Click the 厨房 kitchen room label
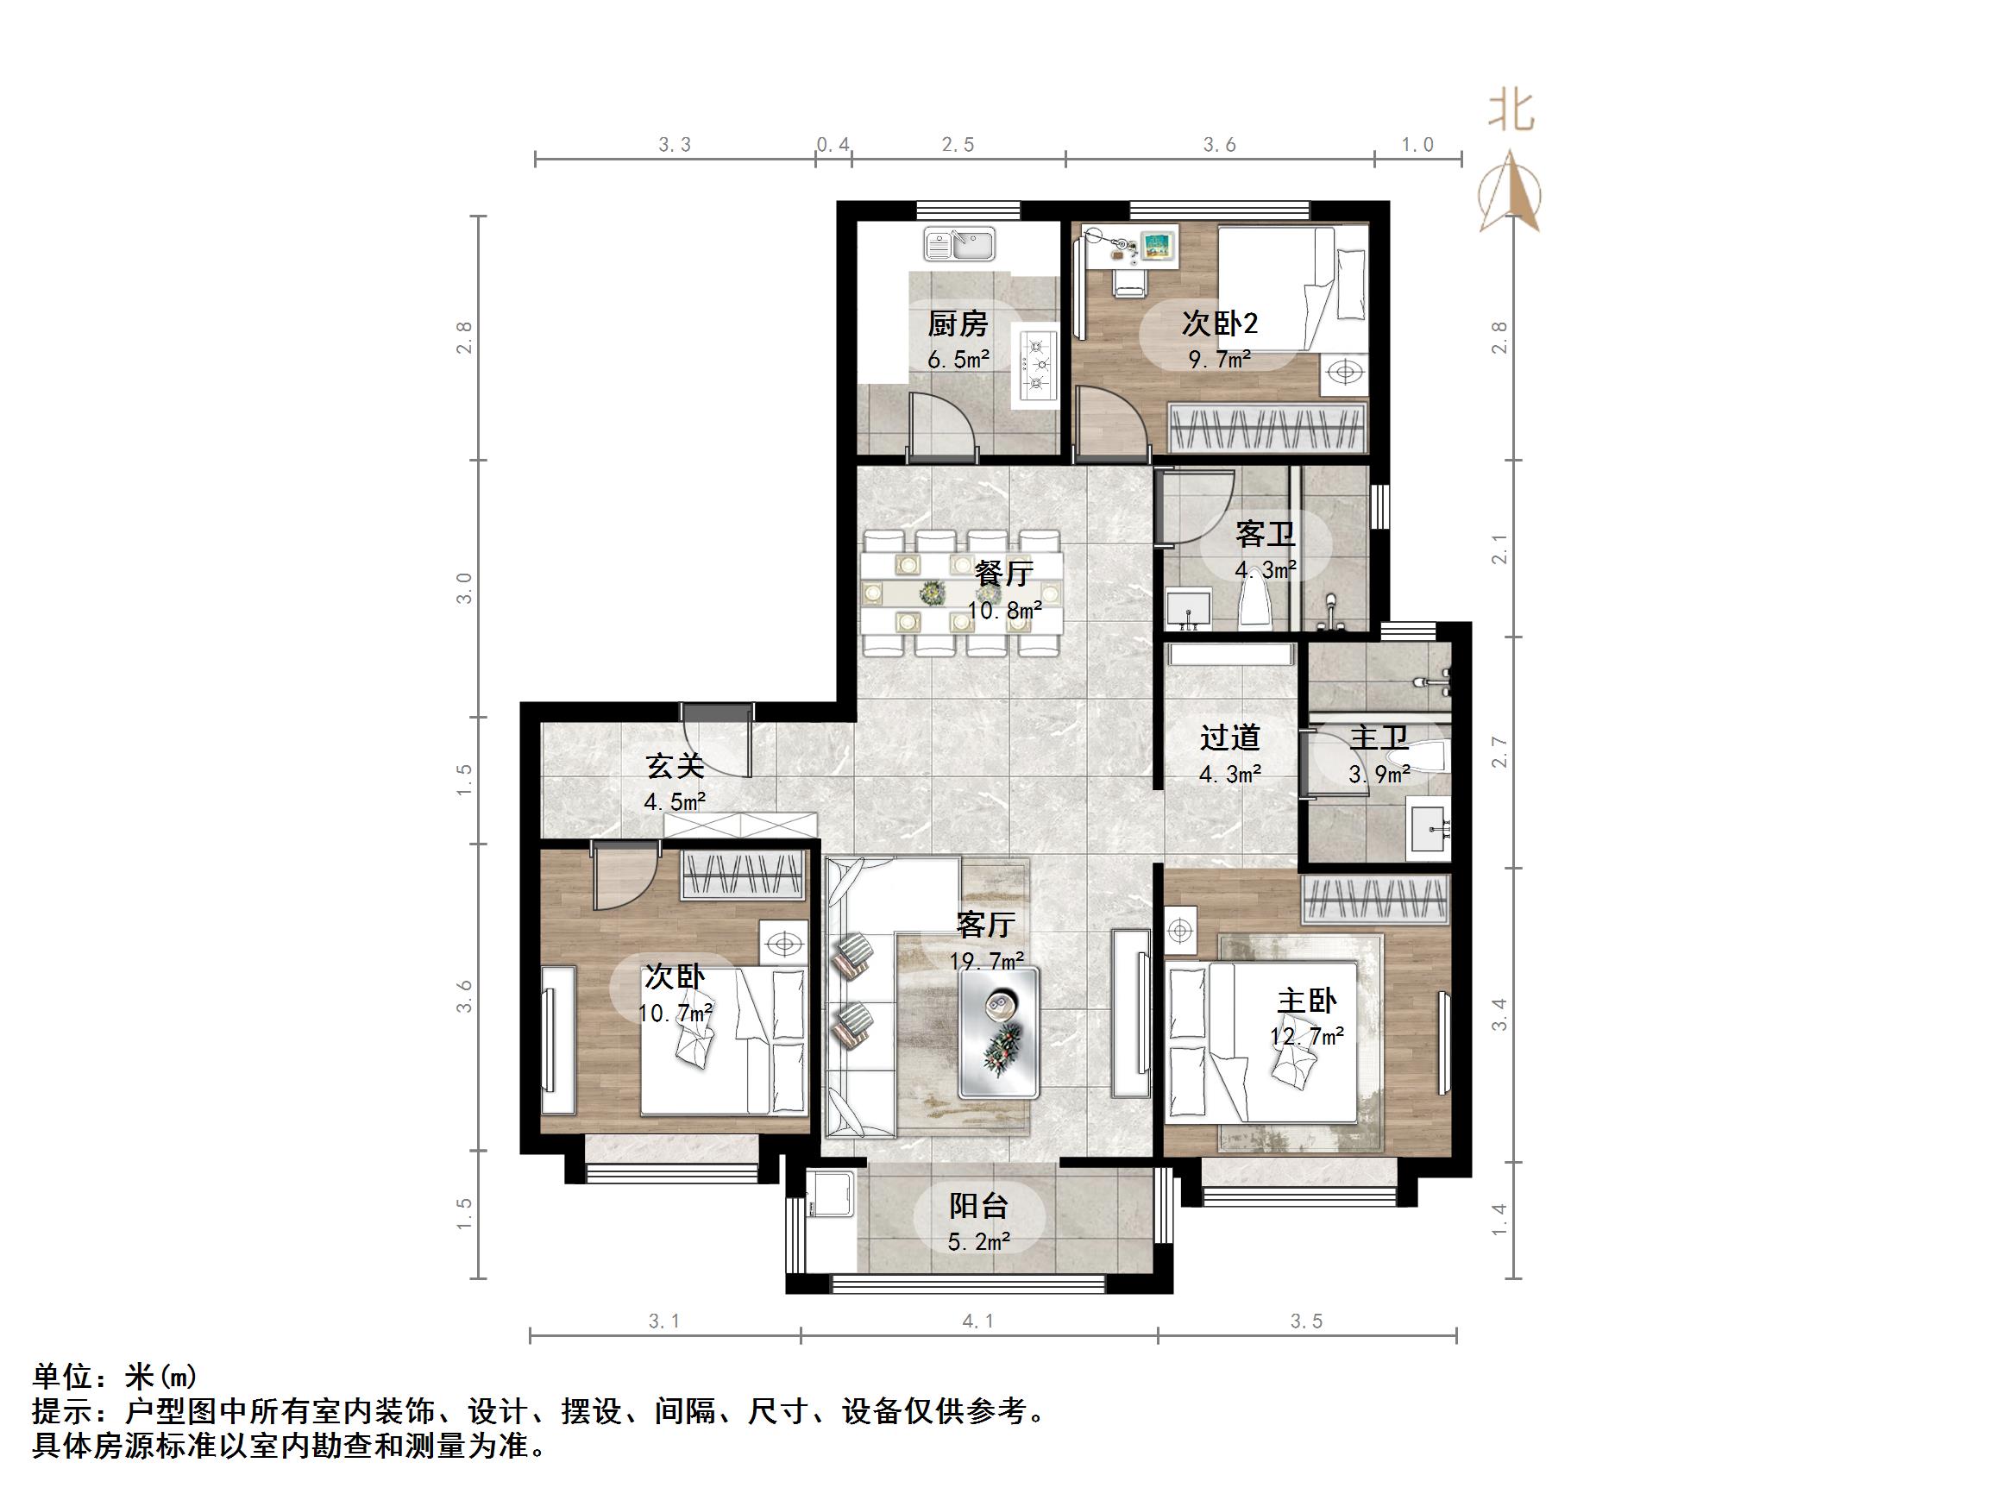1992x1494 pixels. point(958,323)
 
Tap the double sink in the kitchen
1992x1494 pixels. point(959,244)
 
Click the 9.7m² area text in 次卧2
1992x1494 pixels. point(1219,361)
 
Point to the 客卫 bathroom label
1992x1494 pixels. point(1266,535)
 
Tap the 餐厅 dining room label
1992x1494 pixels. point(1003,573)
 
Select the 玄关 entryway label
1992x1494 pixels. point(675,766)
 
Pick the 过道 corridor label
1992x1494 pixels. point(1229,738)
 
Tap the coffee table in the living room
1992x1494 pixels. point(999,1032)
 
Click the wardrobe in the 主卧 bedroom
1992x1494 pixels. point(1375,899)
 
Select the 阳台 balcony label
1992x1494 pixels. point(978,1206)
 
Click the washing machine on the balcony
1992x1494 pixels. point(830,1193)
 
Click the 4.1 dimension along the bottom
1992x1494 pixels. point(978,1321)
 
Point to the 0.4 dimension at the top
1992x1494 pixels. point(833,145)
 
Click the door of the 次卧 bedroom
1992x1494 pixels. point(621,879)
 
